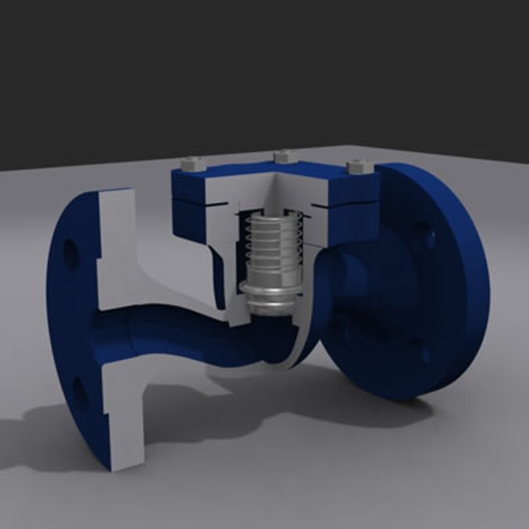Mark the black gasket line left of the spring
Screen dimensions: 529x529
(x=217, y=205)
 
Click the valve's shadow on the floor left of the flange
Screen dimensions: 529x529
(x=39, y=441)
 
